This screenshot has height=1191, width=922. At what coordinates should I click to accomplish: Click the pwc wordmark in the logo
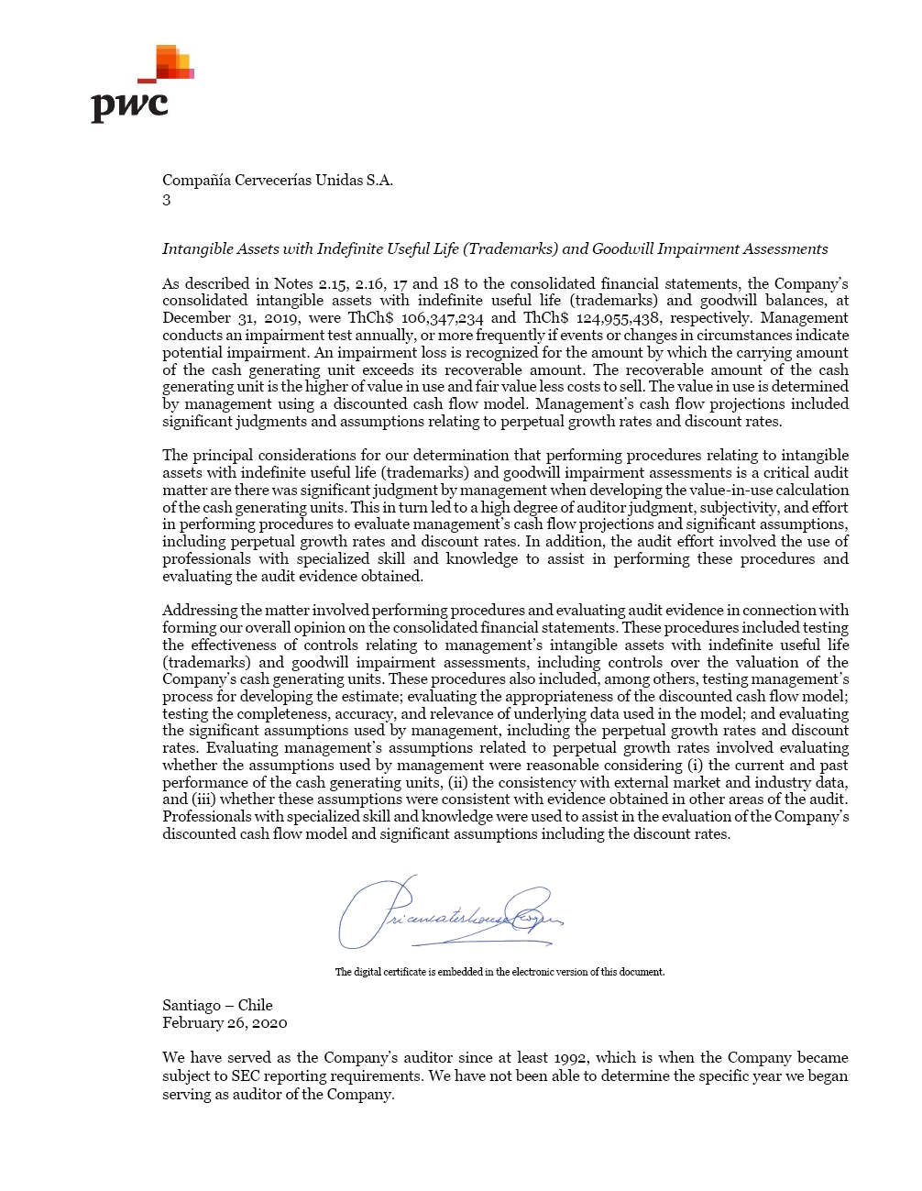pos(129,105)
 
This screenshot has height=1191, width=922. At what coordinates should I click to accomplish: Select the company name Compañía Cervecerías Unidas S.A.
pos(278,180)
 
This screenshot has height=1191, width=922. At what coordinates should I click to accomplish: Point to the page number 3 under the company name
pos(167,200)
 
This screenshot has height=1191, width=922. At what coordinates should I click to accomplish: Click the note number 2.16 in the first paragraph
pos(370,283)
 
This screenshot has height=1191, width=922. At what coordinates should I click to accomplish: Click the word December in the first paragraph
pos(197,318)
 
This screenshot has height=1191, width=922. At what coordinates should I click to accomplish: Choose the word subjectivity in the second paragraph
pos(736,507)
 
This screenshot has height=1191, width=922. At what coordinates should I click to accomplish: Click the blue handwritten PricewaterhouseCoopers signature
pos(449,912)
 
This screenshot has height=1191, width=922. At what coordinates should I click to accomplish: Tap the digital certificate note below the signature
pos(499,972)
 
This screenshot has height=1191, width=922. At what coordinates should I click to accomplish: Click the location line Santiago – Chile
pos(217,1005)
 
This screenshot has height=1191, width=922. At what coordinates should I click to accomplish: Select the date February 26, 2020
pos(225,1022)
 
